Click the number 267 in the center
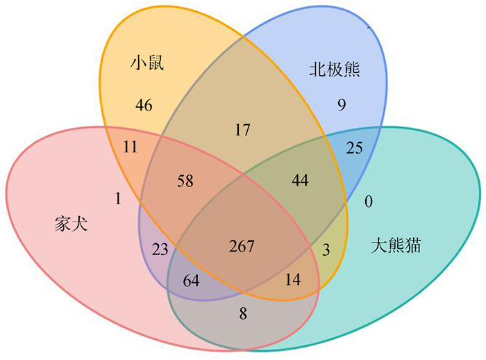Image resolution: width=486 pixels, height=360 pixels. tap(242, 246)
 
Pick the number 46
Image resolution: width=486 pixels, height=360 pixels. tap(144, 106)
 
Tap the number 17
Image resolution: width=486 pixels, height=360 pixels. tap(242, 129)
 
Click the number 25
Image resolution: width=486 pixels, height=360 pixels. tap(354, 147)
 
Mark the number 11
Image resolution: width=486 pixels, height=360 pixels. tap(131, 147)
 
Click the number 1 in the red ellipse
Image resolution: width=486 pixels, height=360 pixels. tap(118, 199)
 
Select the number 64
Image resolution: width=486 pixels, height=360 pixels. tap(191, 281)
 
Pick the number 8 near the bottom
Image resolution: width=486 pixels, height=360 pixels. tap(242, 313)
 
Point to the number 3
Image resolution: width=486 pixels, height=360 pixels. tap(326, 249)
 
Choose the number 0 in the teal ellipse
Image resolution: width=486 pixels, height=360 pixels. tap(369, 202)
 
